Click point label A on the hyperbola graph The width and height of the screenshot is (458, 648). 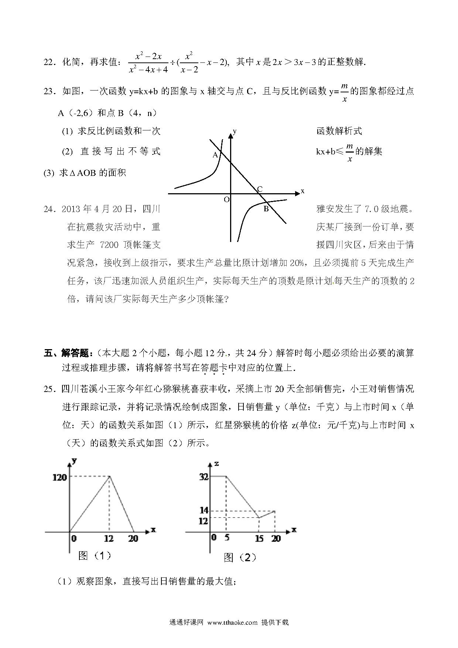[215, 155]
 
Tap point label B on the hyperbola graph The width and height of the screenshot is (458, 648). [266, 209]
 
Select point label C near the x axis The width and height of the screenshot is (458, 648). [260, 189]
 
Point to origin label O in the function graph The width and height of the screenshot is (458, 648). [226, 199]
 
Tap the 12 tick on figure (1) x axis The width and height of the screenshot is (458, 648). [109, 538]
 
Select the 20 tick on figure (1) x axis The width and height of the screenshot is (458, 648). [133, 538]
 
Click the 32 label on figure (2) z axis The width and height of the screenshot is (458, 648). [204, 477]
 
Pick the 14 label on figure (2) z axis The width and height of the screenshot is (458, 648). [204, 510]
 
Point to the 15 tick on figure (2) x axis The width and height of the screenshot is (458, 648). [259, 538]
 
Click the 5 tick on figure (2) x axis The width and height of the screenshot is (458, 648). [226, 538]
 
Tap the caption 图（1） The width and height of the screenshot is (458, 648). [95, 555]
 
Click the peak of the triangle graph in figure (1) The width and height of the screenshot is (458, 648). [109, 477]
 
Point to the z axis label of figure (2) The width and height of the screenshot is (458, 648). [216, 463]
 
